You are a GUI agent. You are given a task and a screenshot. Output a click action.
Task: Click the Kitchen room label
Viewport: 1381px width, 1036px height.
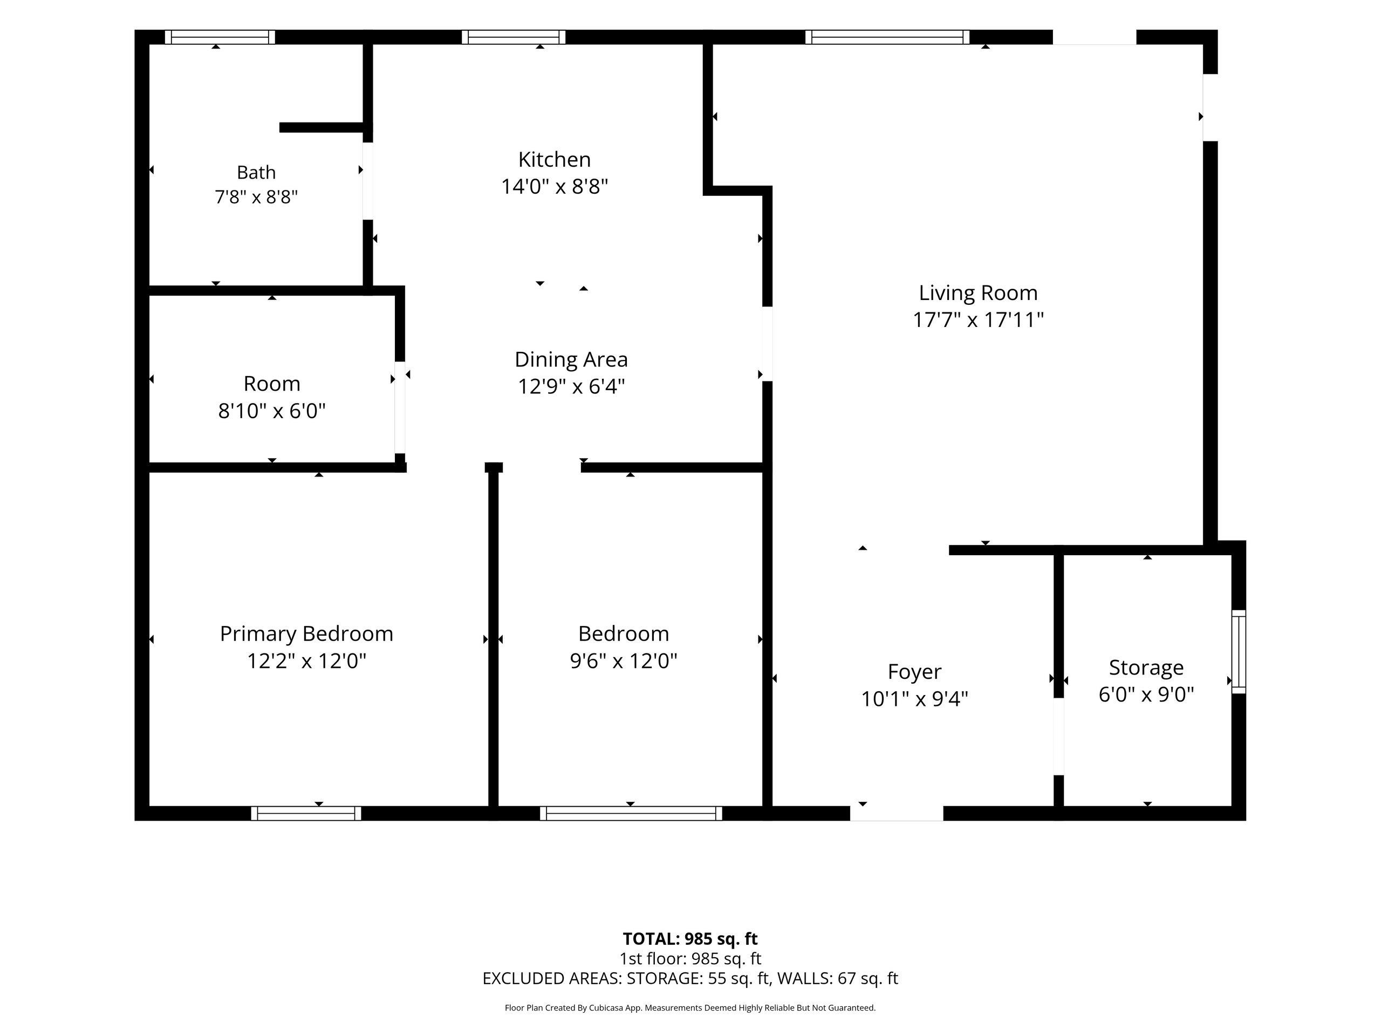click(x=555, y=159)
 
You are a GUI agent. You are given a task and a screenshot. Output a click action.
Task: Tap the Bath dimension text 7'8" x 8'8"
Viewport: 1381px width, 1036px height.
click(x=256, y=197)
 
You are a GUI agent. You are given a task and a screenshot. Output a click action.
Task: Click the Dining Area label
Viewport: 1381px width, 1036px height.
click(x=571, y=360)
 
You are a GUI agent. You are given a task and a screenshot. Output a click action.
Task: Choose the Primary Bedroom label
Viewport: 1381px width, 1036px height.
click(x=306, y=634)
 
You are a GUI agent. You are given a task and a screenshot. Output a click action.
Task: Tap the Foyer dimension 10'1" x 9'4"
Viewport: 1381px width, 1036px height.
click(x=914, y=699)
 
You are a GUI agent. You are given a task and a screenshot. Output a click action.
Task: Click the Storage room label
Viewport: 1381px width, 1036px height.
click(x=1146, y=668)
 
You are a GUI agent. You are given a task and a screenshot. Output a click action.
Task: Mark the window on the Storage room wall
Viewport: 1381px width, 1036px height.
click(x=1239, y=651)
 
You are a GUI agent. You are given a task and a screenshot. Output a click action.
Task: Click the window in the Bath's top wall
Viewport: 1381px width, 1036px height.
click(x=220, y=37)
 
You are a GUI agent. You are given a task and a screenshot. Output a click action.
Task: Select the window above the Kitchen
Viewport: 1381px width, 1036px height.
click(x=513, y=37)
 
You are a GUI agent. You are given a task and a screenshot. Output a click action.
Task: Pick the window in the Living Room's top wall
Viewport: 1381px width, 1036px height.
click(x=887, y=37)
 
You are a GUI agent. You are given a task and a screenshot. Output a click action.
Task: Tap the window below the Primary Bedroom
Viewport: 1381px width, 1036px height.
click(x=306, y=813)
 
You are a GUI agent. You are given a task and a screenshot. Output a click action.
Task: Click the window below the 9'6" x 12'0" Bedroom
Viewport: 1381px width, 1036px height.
click(x=631, y=813)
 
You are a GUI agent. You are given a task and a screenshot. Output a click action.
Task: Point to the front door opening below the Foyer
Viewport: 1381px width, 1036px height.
click(x=897, y=813)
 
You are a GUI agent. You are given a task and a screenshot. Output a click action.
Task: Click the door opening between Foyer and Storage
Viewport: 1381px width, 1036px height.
click(x=1058, y=736)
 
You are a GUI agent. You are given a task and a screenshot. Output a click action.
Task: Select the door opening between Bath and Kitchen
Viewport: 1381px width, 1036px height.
click(x=368, y=181)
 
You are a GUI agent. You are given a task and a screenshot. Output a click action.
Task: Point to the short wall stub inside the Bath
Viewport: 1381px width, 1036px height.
click(x=322, y=127)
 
